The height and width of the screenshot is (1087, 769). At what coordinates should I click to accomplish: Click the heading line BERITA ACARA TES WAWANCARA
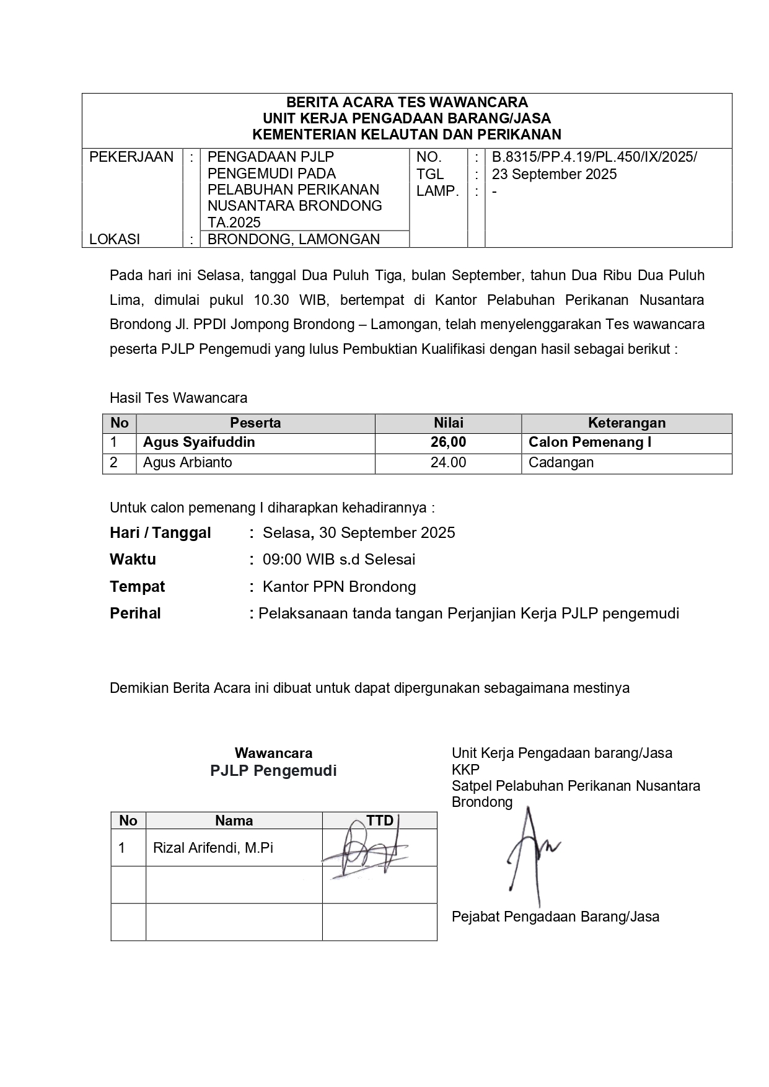point(406,102)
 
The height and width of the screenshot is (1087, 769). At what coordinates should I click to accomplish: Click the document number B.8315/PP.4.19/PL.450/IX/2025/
point(594,157)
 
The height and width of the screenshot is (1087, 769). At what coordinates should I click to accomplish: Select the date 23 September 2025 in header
point(554,174)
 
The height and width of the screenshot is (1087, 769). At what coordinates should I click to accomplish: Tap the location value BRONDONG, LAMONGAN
point(293,239)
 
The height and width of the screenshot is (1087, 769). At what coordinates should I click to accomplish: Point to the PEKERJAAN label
point(131,157)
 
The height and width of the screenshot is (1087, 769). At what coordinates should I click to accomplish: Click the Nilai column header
point(448,423)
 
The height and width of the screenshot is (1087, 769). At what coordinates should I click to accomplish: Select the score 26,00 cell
point(448,442)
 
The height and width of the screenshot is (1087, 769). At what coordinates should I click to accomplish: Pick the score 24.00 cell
point(448,463)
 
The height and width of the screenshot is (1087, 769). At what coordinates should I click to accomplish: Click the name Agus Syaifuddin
point(199,442)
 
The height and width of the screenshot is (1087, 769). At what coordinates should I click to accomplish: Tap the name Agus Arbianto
point(187,463)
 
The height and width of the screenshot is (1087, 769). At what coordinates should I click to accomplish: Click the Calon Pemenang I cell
point(589,442)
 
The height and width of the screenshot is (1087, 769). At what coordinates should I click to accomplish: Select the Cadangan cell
point(561,463)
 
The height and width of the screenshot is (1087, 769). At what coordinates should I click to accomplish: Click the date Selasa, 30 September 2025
point(359,533)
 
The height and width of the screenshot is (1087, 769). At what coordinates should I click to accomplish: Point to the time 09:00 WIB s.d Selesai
point(339,560)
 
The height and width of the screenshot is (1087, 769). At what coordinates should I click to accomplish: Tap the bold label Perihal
point(135,614)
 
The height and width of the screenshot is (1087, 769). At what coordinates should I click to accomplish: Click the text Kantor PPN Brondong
point(339,587)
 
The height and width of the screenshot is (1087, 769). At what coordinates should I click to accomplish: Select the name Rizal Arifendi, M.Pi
point(213,848)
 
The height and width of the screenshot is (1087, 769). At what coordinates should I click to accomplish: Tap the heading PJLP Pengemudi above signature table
point(273,771)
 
